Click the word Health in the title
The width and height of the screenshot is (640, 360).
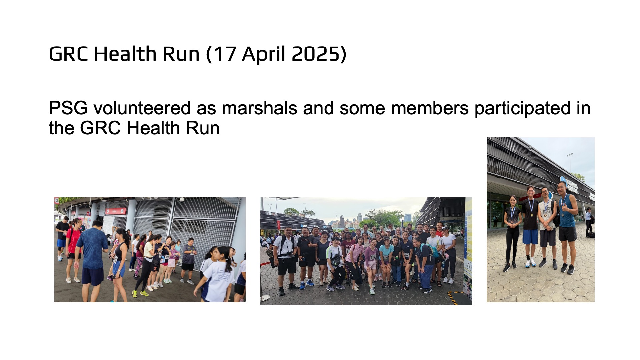pyautogui.click(x=125, y=54)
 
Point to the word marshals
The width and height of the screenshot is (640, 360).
pyautogui.click(x=259, y=108)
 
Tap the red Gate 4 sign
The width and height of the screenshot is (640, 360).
pyautogui.click(x=116, y=211)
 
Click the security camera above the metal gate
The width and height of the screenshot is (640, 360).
pyautogui.click(x=182, y=200)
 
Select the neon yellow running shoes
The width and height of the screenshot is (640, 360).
pyautogui.click(x=140, y=294)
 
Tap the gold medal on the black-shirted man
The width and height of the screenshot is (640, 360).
pyautogui.click(x=531, y=215)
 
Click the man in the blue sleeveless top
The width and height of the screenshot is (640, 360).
pyautogui.click(x=567, y=227)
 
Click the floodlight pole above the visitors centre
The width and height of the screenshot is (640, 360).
pyautogui.click(x=570, y=162)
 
